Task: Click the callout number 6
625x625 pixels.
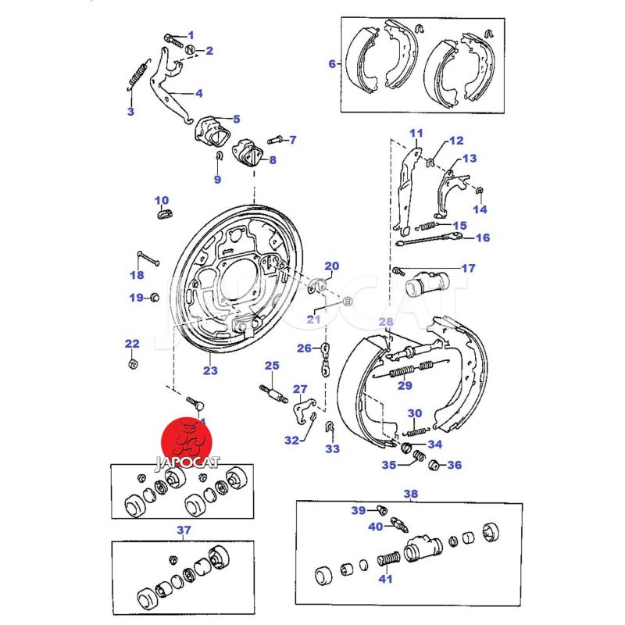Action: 331,64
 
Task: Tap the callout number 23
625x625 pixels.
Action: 210,371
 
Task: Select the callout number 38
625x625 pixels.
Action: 410,494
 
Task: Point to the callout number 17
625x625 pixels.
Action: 468,269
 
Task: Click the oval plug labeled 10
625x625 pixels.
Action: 163,213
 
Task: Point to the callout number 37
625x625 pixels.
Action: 184,531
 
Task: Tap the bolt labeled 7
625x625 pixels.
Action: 274,141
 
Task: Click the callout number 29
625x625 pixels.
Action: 404,384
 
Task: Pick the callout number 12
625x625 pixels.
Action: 456,141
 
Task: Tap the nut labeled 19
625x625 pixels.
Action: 153,297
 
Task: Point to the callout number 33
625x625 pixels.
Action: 334,449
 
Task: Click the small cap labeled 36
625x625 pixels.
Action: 434,466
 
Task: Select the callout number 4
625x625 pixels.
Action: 198,94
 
